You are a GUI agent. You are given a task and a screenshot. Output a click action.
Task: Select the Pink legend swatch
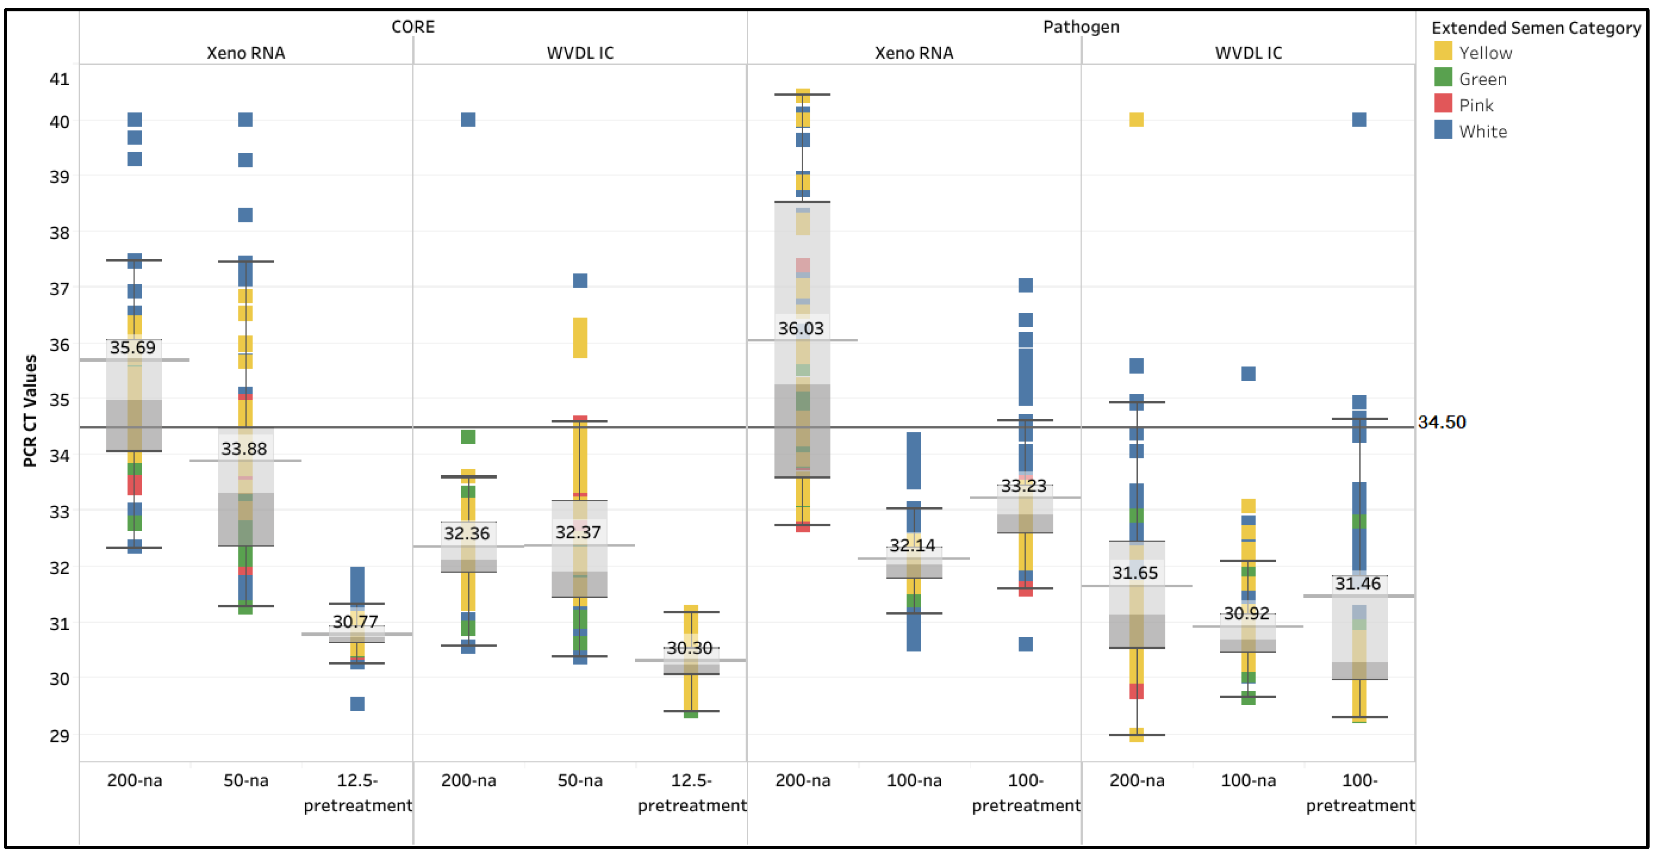(x=1443, y=104)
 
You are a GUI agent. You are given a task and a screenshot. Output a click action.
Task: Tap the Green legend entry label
(x=1483, y=79)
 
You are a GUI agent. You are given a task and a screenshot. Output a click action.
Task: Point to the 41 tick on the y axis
(x=59, y=79)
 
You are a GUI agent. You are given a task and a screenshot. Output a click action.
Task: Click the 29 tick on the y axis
(x=59, y=735)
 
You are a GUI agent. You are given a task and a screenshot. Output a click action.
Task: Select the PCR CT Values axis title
(x=29, y=411)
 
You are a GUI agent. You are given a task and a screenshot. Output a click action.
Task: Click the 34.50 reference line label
(x=1442, y=422)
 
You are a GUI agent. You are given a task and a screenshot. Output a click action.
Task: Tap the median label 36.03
(x=800, y=329)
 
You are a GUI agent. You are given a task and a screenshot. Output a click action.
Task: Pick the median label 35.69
(x=132, y=348)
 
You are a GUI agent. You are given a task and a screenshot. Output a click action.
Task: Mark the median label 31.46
(x=1358, y=584)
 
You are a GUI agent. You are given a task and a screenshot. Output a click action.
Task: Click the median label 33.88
(x=244, y=449)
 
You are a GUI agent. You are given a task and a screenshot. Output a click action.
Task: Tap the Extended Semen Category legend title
(x=1535, y=28)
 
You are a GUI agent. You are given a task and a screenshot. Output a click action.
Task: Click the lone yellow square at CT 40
(x=1136, y=120)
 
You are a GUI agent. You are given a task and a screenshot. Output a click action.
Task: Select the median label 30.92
(x=1246, y=614)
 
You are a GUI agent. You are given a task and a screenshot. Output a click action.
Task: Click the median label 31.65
(x=1135, y=573)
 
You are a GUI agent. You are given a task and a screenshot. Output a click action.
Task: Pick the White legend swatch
(x=1443, y=130)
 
